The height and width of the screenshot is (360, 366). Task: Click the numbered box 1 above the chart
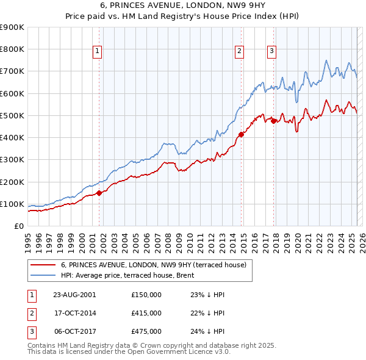coord(98,51)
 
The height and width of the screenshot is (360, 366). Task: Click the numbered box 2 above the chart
coord(240,51)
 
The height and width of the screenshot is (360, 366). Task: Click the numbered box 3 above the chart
coord(271,51)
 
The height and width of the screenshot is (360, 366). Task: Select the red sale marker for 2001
coord(99,193)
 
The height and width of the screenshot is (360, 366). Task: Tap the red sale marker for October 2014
coord(241,134)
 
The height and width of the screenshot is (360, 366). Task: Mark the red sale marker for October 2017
coord(273,121)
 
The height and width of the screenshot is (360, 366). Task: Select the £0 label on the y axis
coord(18,226)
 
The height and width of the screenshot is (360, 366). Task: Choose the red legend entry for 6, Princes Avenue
coord(153,265)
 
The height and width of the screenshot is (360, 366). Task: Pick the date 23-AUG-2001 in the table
coord(74,294)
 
